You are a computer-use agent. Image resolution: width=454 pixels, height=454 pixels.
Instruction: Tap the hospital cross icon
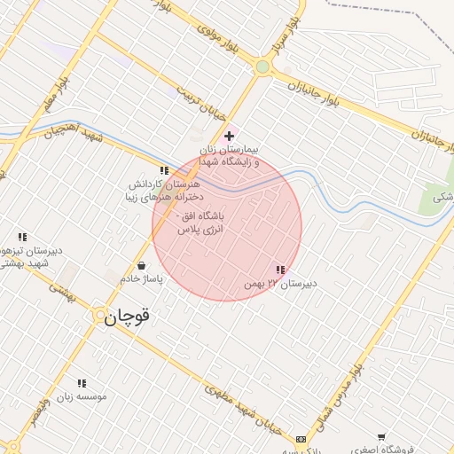[x=230, y=136]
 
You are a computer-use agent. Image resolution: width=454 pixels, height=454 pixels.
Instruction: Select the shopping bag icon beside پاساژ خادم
[x=142, y=265]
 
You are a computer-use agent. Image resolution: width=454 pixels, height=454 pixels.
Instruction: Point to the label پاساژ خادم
[x=142, y=279]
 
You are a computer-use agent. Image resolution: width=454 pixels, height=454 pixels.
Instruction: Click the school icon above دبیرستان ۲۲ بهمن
[x=280, y=270]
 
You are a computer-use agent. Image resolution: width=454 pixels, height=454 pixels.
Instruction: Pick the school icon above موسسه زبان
[x=82, y=383]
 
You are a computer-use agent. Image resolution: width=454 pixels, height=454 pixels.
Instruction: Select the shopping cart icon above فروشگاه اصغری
[x=381, y=436]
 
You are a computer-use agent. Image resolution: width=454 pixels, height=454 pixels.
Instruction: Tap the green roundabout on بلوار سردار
[x=262, y=67]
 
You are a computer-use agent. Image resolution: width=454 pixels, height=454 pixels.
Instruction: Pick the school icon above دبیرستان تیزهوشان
[x=22, y=237]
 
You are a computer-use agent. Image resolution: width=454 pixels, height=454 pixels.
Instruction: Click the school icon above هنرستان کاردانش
[x=164, y=170]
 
